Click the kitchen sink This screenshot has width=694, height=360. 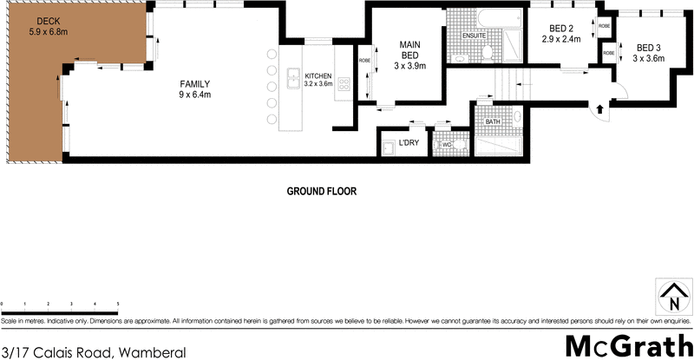(293, 75)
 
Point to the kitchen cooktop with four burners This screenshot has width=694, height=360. (344, 84)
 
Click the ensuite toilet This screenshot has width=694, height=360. (491, 54)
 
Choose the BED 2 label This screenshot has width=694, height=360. (559, 34)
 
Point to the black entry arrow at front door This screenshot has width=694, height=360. (599, 108)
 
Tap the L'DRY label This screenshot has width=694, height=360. (409, 143)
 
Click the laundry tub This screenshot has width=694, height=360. (388, 148)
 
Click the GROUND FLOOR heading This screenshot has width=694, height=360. (322, 191)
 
